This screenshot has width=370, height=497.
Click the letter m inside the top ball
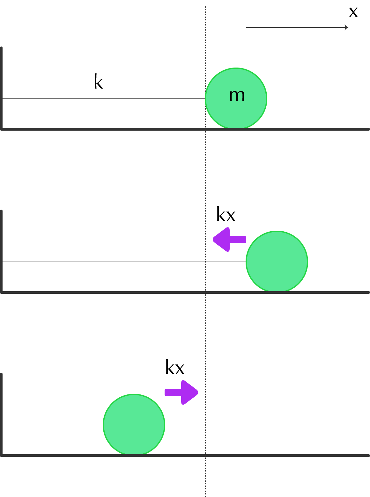point(237,96)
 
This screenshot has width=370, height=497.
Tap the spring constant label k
point(98,81)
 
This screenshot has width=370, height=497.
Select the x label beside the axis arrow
point(353,12)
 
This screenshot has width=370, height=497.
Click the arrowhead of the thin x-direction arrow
point(347,27)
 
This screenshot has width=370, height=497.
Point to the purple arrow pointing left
point(229,239)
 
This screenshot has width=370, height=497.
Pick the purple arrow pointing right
point(181,393)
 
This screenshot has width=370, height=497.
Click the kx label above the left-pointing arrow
point(226,214)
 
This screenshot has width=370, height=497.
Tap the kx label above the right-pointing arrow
point(175,367)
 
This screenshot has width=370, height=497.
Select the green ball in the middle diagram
point(277,262)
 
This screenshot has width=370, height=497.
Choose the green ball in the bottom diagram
point(134,425)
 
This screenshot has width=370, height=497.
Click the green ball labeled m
point(236,98)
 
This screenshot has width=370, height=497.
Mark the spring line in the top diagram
point(104,98)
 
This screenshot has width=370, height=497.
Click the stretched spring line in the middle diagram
point(124,262)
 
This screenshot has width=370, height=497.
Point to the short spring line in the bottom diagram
point(53,425)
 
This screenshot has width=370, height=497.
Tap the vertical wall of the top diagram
point(1,88)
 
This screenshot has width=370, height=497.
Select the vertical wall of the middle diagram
point(1,251)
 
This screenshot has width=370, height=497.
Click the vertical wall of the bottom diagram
point(1,414)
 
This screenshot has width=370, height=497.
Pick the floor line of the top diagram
point(185,129)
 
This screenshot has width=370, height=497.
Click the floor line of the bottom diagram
point(185,456)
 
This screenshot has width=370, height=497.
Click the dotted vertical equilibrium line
point(205,251)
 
